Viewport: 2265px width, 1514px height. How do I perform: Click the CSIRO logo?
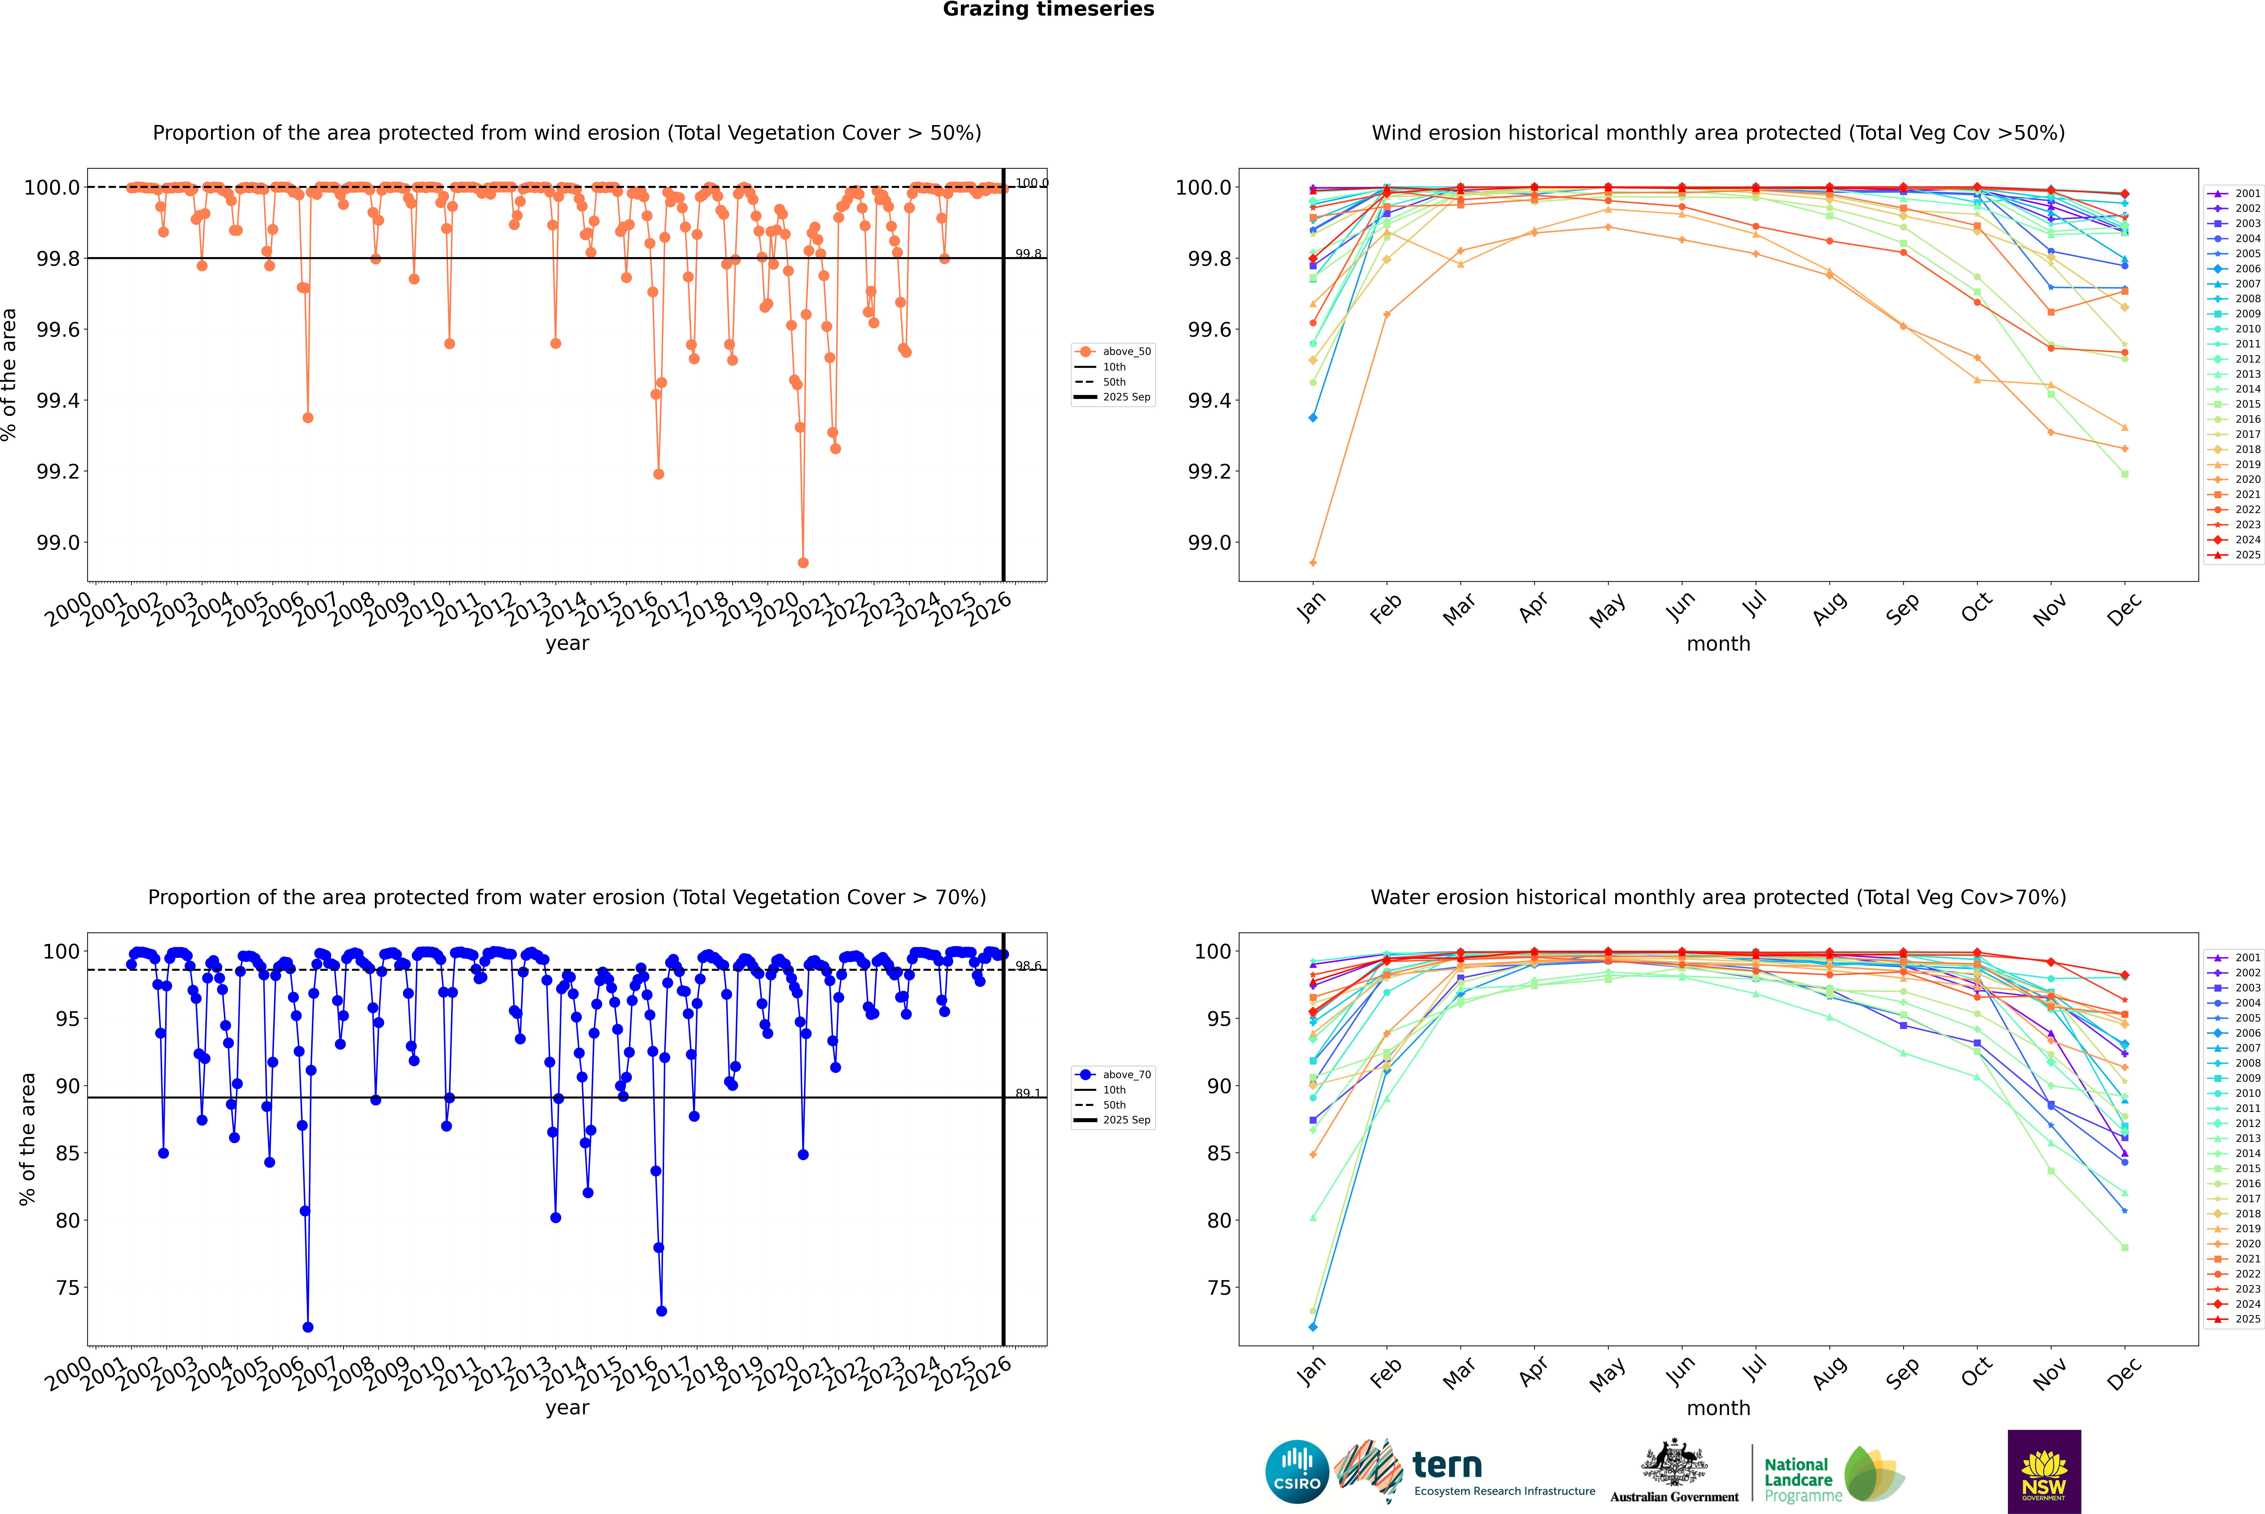[x=1297, y=1472]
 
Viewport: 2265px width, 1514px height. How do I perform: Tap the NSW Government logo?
[x=2044, y=1472]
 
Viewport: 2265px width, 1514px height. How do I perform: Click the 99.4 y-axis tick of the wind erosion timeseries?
[x=58, y=401]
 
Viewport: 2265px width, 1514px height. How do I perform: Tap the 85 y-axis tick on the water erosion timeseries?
[x=68, y=1153]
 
